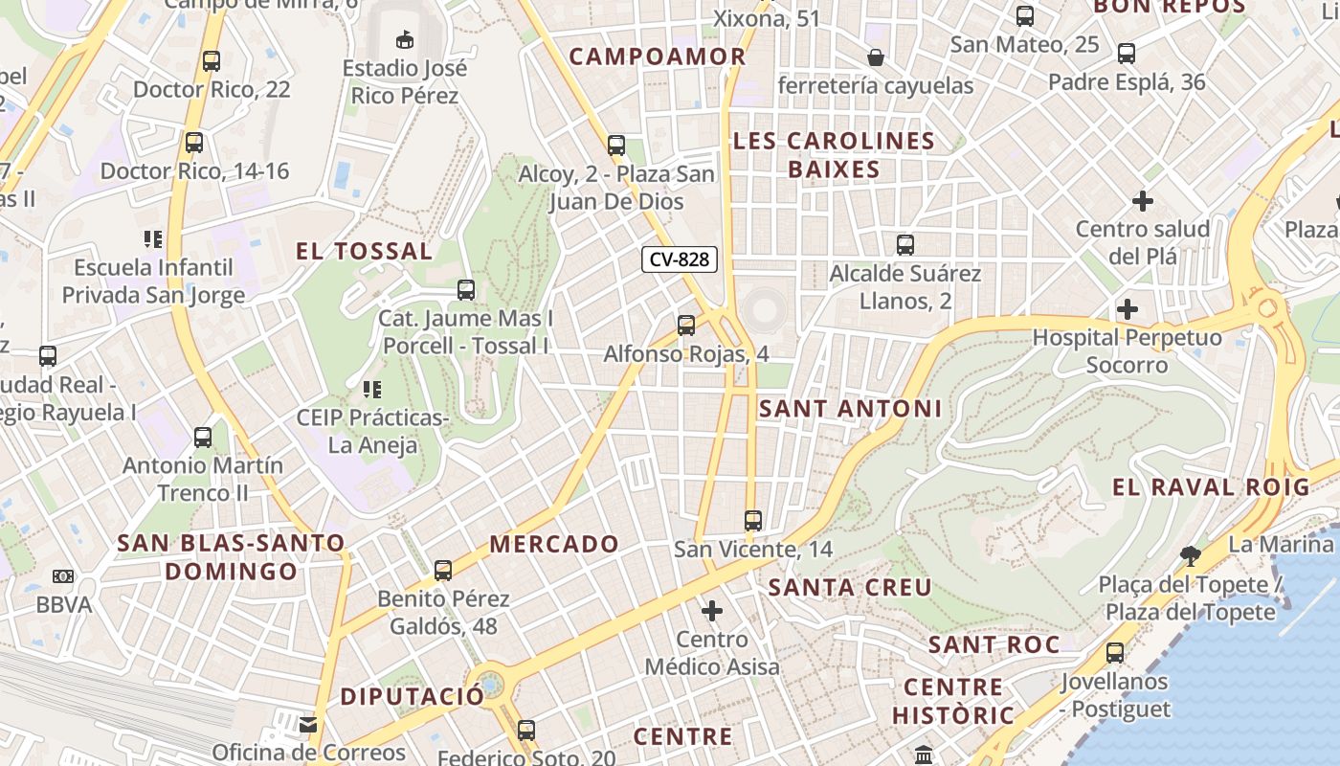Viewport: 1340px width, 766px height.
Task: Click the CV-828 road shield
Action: tap(681, 259)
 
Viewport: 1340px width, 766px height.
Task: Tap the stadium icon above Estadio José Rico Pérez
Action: tap(405, 39)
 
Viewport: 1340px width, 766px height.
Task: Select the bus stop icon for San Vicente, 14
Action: tap(753, 521)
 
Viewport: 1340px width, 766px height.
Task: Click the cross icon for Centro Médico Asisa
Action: tap(712, 610)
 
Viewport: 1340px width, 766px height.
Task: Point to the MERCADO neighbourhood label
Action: tap(554, 544)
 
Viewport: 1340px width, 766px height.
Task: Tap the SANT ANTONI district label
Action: tap(850, 409)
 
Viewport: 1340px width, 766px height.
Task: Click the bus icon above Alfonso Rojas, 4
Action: tap(685, 326)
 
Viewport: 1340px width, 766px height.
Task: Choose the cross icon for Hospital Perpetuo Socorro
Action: tap(1128, 309)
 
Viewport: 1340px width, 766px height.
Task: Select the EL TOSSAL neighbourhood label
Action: tap(364, 252)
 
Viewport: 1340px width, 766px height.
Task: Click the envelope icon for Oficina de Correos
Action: tap(308, 725)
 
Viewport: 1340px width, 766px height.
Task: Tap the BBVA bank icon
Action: tap(63, 576)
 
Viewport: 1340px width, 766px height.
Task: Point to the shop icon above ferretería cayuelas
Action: tap(875, 58)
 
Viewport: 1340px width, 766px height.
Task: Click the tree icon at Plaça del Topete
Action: tap(1190, 555)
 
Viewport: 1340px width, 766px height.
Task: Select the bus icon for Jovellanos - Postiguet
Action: tap(1115, 653)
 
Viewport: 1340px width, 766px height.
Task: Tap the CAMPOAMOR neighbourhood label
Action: tap(658, 56)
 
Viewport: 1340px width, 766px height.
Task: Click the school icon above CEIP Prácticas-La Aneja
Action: tap(371, 390)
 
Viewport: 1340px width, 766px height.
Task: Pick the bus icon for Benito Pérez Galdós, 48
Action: tap(443, 571)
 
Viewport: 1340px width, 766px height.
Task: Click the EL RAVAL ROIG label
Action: tap(1210, 486)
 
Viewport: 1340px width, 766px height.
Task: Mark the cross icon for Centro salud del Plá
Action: tap(1142, 202)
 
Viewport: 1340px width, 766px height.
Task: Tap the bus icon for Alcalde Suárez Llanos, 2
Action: tap(904, 245)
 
